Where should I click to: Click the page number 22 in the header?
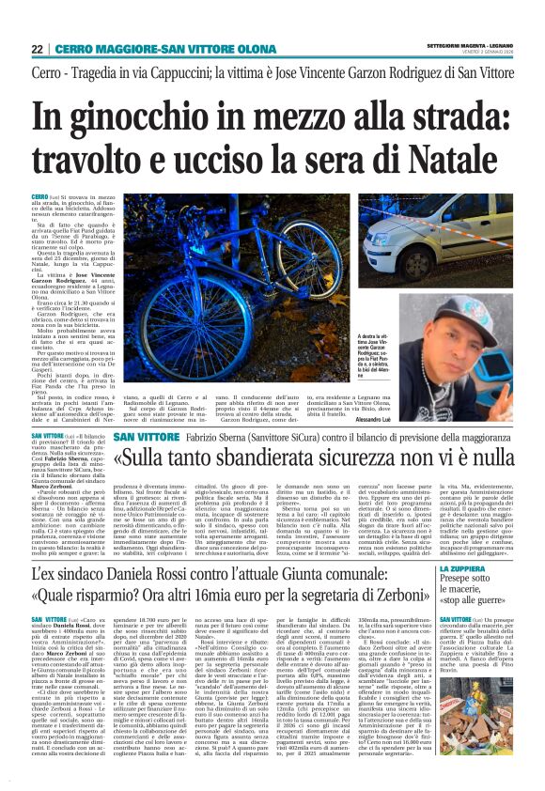[x=38, y=48]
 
